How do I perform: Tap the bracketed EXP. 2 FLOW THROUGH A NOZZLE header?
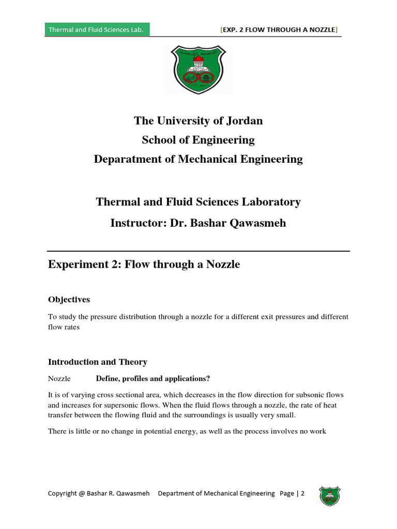click(x=279, y=30)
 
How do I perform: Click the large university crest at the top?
click(x=198, y=70)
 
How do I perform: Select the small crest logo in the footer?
click(x=329, y=495)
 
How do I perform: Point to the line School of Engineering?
click(x=198, y=140)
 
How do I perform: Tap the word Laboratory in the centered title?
click(x=271, y=202)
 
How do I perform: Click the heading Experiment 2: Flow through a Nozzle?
click(x=144, y=264)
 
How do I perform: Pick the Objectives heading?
click(x=69, y=300)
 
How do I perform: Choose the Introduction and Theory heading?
click(x=98, y=362)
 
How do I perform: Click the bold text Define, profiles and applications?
click(x=153, y=379)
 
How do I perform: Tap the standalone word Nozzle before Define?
click(x=59, y=379)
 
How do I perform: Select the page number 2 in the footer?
click(x=302, y=493)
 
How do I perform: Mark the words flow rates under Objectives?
click(x=64, y=327)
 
